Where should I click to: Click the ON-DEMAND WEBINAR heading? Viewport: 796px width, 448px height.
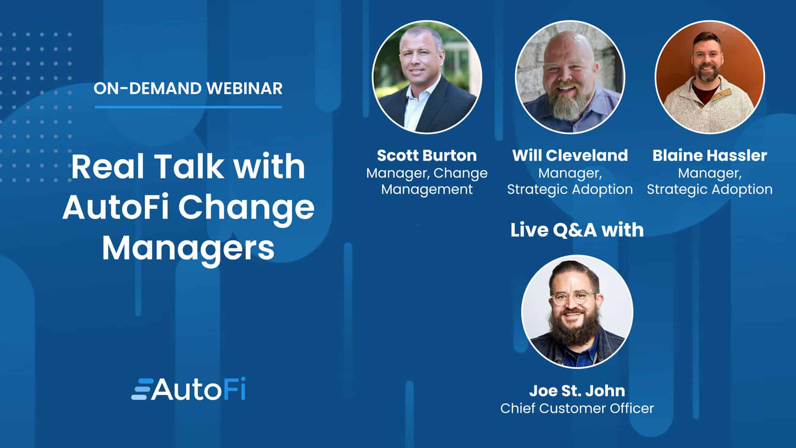tap(188, 88)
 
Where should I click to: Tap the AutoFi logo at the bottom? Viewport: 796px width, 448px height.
tap(188, 389)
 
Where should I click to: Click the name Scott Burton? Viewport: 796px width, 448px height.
tap(427, 156)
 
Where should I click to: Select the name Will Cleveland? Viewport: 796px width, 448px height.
tap(570, 156)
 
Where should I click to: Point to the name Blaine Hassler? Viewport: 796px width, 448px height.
tap(710, 156)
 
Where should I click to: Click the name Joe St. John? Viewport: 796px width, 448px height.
tap(577, 391)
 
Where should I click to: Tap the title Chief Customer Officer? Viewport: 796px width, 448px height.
tap(577, 409)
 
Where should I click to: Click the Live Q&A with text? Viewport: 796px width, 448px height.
tap(577, 230)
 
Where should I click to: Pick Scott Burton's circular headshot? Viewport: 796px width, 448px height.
tap(427, 77)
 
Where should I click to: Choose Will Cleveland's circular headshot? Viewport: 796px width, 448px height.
tap(570, 77)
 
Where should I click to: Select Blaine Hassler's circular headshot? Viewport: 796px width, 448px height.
tap(710, 77)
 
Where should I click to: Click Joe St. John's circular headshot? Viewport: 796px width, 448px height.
tap(577, 312)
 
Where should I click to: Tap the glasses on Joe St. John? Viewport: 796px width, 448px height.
tap(574, 298)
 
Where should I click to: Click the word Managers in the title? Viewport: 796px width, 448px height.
tap(188, 248)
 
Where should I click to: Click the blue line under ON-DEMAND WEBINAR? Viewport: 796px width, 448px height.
tap(188, 107)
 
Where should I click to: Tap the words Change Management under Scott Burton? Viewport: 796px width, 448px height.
tap(427, 181)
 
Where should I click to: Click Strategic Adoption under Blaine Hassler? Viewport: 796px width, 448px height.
tap(710, 189)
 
